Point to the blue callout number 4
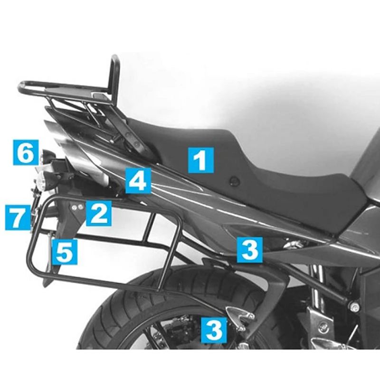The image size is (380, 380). click(138, 180)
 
